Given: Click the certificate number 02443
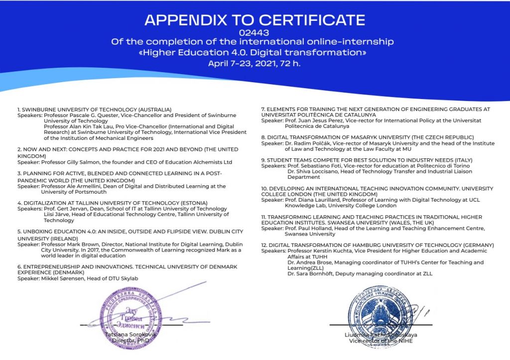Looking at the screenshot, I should (x=255, y=32).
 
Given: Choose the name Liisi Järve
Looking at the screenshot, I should (x=57, y=215).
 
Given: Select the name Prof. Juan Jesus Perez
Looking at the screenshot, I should (x=307, y=120).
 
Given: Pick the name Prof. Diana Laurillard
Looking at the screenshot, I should (x=309, y=200).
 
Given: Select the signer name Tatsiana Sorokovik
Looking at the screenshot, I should (x=130, y=335).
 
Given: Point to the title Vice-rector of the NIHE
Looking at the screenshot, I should (x=381, y=341).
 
